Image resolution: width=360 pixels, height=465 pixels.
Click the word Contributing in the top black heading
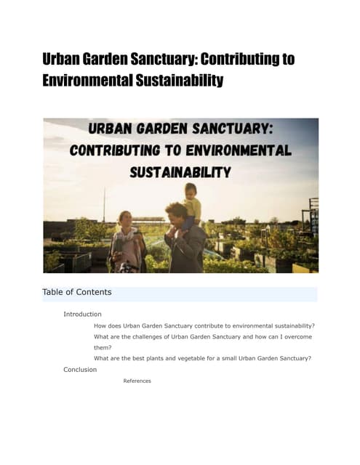(243, 60)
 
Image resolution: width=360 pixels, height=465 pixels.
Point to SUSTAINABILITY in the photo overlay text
(180, 173)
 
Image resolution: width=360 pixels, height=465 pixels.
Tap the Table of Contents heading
(77, 292)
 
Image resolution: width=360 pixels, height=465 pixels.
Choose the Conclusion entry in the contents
(80, 369)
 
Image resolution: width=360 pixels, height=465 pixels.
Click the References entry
(137, 381)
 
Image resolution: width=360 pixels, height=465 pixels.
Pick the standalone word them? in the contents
(103, 347)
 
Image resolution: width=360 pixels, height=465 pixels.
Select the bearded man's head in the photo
(175, 215)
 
